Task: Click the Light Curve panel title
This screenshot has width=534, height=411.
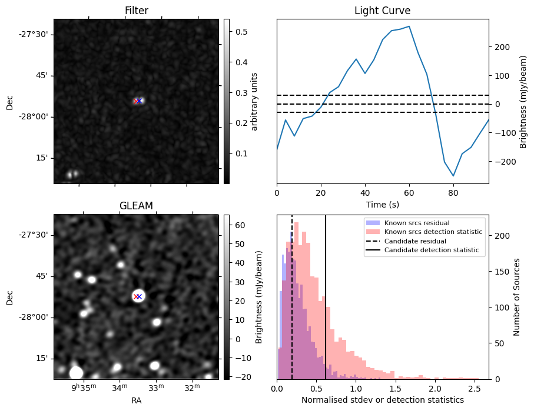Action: (382, 11)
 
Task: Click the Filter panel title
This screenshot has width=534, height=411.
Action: (136, 11)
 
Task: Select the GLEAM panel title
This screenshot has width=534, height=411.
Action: (136, 205)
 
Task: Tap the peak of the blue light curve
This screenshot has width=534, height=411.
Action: (409, 26)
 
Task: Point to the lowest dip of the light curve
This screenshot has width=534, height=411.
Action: (453, 176)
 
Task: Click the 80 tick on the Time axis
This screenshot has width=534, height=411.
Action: (453, 192)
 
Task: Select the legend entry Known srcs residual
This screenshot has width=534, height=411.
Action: (417, 223)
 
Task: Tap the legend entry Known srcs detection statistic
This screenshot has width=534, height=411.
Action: (433, 232)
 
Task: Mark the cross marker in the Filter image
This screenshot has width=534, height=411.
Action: (138, 101)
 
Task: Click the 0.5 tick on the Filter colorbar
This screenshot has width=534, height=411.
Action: (241, 32)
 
